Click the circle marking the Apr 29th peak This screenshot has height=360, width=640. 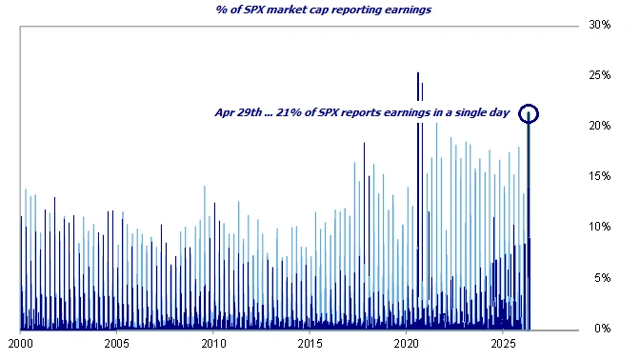click(530, 113)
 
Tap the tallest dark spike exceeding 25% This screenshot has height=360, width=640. click(417, 76)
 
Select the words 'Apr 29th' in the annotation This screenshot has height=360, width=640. click(237, 112)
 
